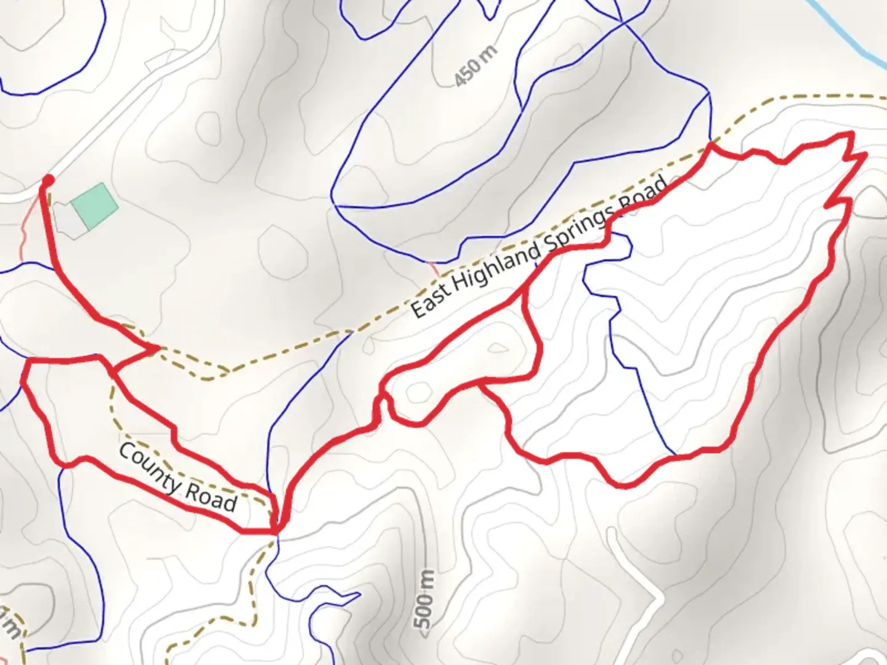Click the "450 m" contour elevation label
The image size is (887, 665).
point(476,66)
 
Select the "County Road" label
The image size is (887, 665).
point(177,478)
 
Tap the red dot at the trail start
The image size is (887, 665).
point(47,180)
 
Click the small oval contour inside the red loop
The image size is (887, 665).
point(419,392)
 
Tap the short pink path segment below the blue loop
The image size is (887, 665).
point(434,268)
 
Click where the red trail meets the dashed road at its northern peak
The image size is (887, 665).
point(711,145)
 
